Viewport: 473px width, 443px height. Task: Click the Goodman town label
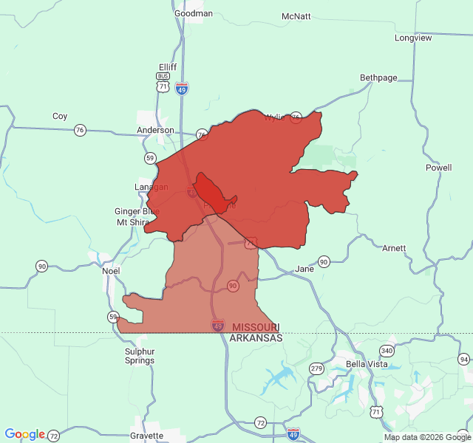coord(194,13)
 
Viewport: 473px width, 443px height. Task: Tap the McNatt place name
coord(296,16)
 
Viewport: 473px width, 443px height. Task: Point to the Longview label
coord(413,38)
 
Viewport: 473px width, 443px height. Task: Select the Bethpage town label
coord(378,78)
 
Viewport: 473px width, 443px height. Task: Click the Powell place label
coord(438,168)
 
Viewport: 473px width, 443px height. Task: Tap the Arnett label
coord(394,248)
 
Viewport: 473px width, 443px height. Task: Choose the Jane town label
coord(304,269)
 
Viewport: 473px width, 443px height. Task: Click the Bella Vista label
coord(367,364)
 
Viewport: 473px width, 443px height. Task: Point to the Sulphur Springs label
coord(140,356)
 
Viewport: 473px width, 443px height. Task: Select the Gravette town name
coord(146,436)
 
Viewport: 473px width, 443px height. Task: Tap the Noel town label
coord(111,271)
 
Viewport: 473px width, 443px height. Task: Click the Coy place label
coord(60,116)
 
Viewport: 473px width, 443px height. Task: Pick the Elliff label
coord(168,66)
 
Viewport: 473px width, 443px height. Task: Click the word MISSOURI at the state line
coord(255,327)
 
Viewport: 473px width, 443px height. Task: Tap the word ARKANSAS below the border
coord(256,337)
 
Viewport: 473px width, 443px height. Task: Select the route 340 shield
coord(387,350)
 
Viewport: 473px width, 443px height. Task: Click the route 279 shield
coord(317,368)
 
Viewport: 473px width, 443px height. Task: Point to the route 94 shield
coord(463,360)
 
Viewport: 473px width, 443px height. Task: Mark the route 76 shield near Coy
coord(80,130)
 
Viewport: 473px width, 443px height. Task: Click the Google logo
coord(25,434)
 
